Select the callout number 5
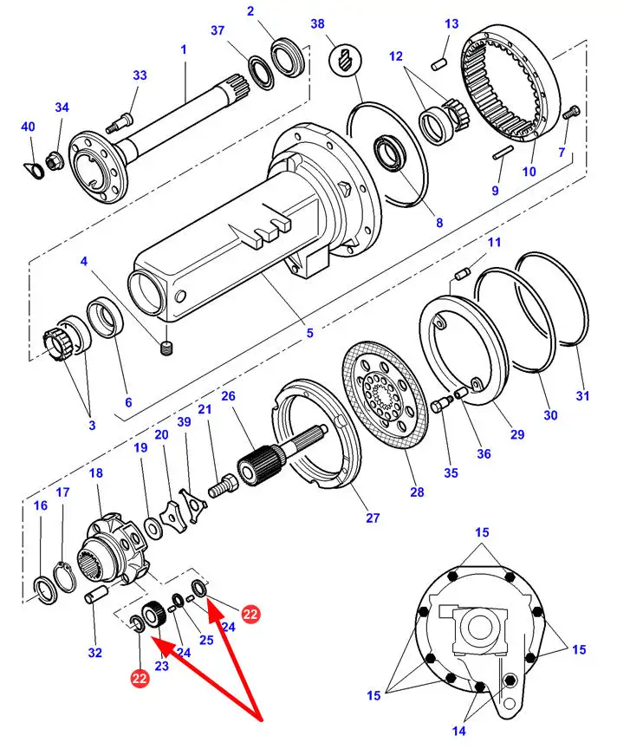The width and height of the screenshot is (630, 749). click(309, 332)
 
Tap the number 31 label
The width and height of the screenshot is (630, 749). click(582, 396)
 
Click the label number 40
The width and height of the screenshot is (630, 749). click(28, 127)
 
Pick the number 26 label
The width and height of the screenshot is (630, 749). click(228, 396)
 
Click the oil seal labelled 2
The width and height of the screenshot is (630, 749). click(283, 57)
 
